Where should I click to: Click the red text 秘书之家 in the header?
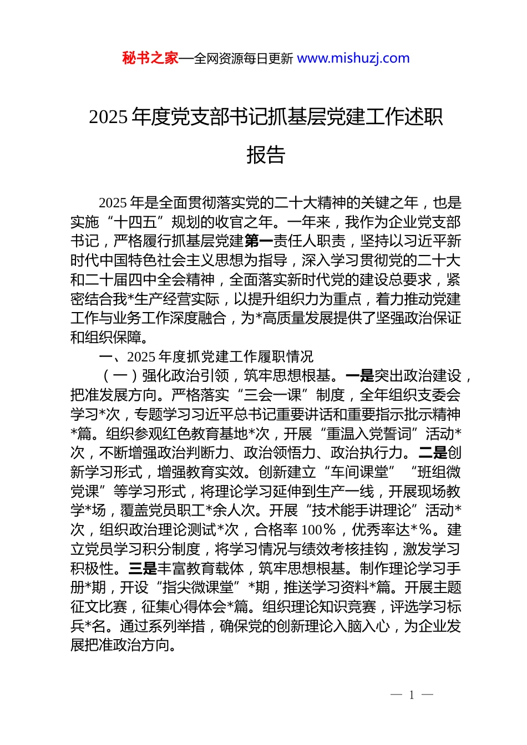150,58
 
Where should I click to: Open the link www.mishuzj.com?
353,58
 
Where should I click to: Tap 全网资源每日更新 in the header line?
244,58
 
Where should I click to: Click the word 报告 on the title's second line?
266,155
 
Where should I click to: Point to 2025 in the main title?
109,117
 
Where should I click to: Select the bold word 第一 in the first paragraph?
259,241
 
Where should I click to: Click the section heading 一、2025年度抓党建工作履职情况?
206,356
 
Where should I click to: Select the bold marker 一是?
359,376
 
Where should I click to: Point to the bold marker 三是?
143,569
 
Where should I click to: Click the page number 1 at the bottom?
412,695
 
